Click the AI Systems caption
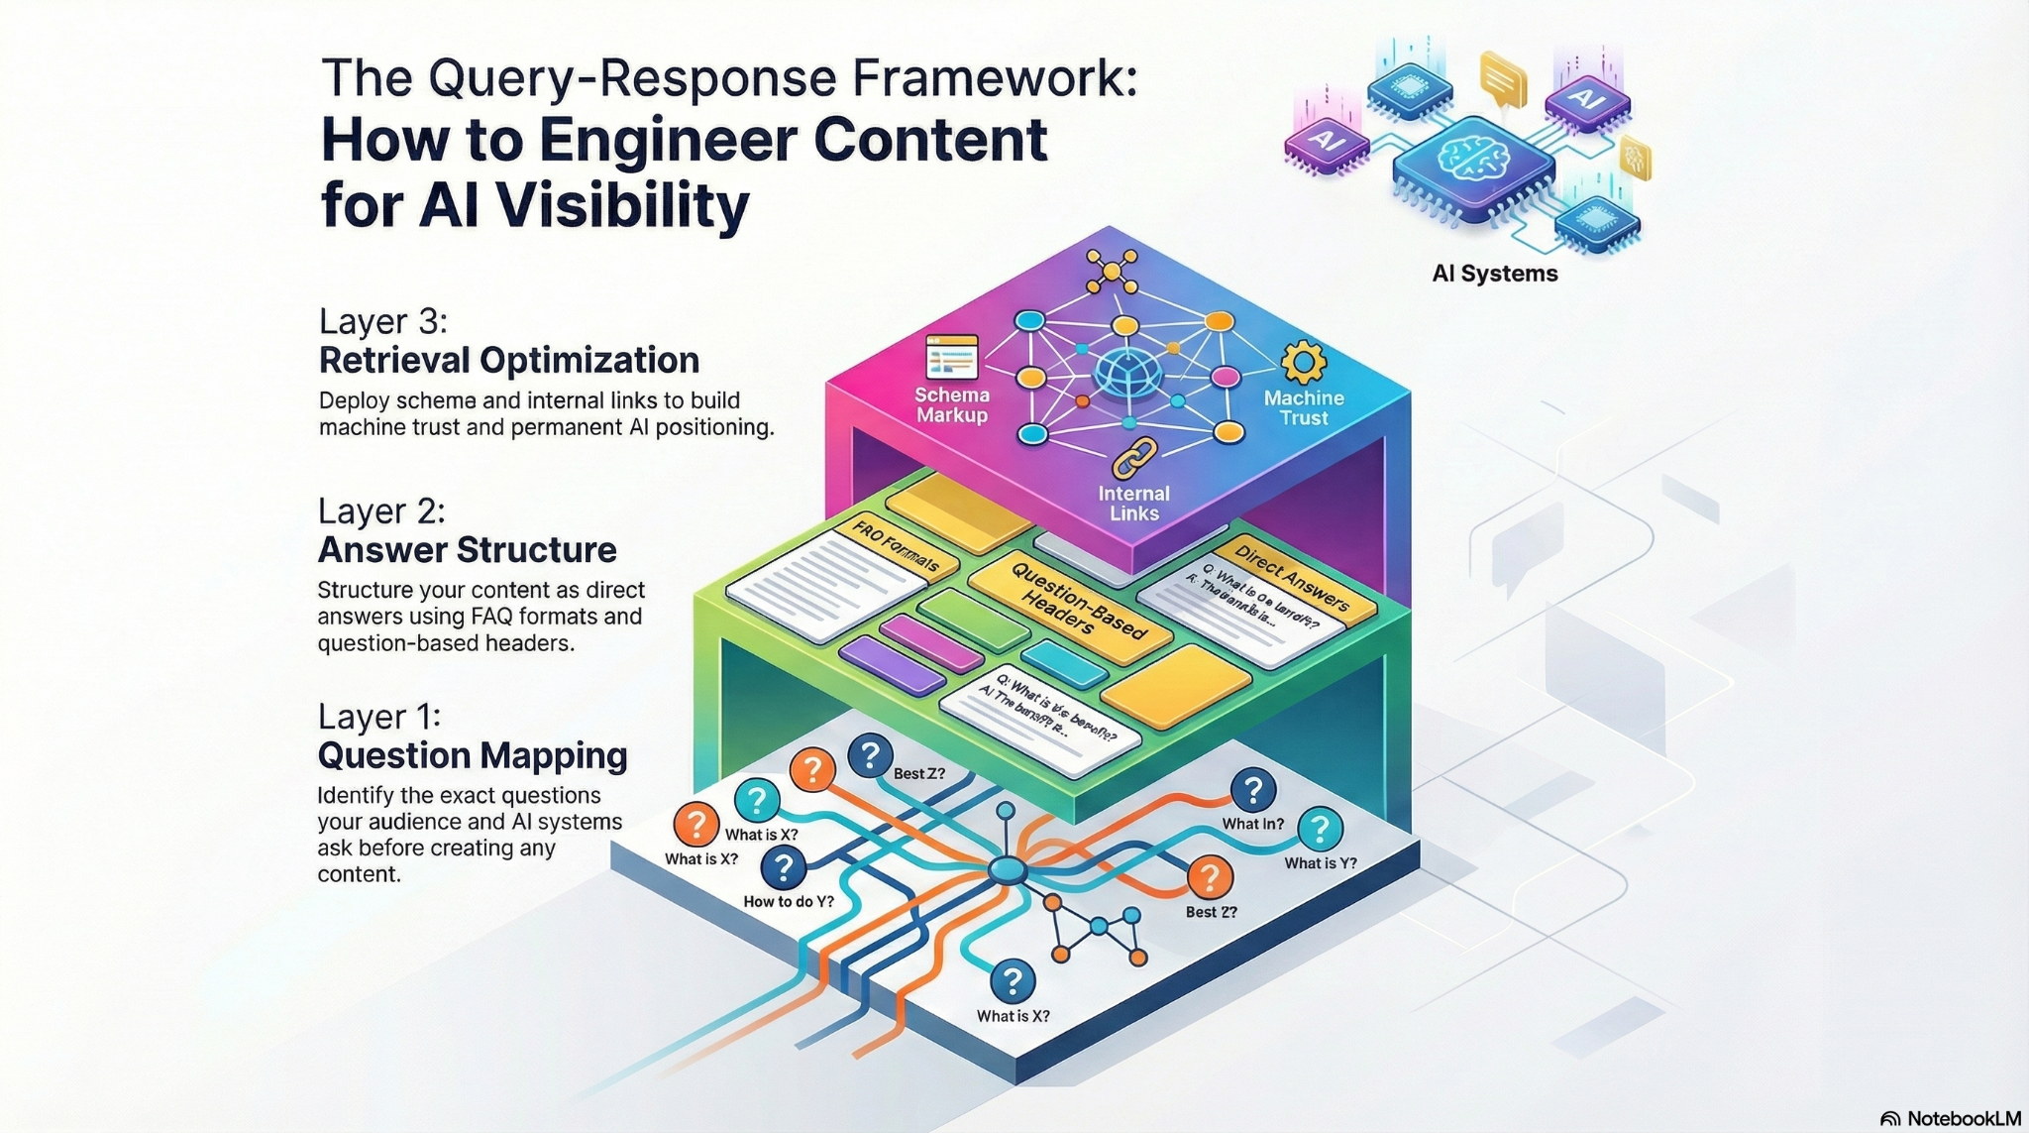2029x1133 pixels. (x=1494, y=274)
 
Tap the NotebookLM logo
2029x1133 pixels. (x=1950, y=1118)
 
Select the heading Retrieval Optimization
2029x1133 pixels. (x=508, y=360)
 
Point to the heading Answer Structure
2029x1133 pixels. (x=467, y=549)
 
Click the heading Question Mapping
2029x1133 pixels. (x=472, y=755)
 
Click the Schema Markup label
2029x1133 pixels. (x=951, y=405)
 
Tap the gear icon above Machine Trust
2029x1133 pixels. (x=1303, y=363)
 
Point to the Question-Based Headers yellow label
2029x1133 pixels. (x=1070, y=601)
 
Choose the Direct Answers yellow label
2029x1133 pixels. (x=1291, y=575)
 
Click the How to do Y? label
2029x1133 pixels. (x=788, y=901)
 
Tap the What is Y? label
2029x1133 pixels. (x=1320, y=863)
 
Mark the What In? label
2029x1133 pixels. (x=1252, y=824)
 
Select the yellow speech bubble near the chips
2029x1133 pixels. (x=1502, y=77)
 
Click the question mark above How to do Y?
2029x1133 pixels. (x=783, y=867)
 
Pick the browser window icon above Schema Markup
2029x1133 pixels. (x=951, y=358)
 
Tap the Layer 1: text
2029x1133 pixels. (x=378, y=717)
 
